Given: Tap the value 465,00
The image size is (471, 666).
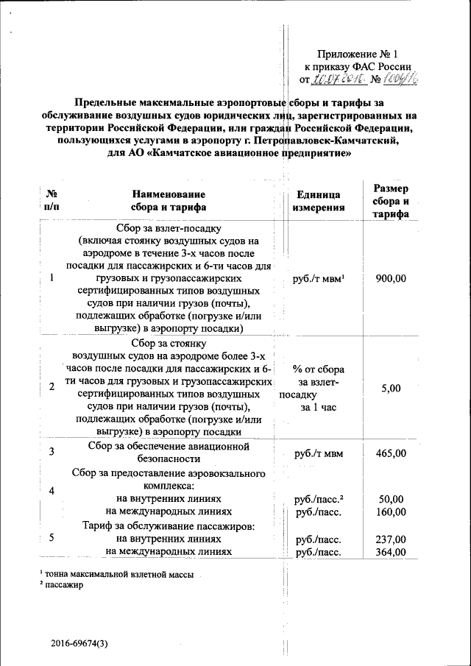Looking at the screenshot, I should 390,453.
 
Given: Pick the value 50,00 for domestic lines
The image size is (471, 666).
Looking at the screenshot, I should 390,499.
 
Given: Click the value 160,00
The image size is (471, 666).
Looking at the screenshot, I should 390,511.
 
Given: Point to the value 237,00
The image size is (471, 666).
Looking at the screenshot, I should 390,539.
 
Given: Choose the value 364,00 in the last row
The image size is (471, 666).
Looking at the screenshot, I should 390,552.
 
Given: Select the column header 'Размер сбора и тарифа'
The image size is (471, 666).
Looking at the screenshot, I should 391,201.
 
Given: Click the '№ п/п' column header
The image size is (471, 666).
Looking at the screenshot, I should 52,201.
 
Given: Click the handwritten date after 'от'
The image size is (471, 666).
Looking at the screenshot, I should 335,79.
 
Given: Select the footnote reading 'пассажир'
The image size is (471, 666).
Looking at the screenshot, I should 63,584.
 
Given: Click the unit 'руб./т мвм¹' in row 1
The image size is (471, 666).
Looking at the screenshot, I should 319,278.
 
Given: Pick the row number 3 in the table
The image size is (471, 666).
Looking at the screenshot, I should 52,452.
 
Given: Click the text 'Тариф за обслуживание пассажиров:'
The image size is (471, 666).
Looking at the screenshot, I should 169,526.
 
